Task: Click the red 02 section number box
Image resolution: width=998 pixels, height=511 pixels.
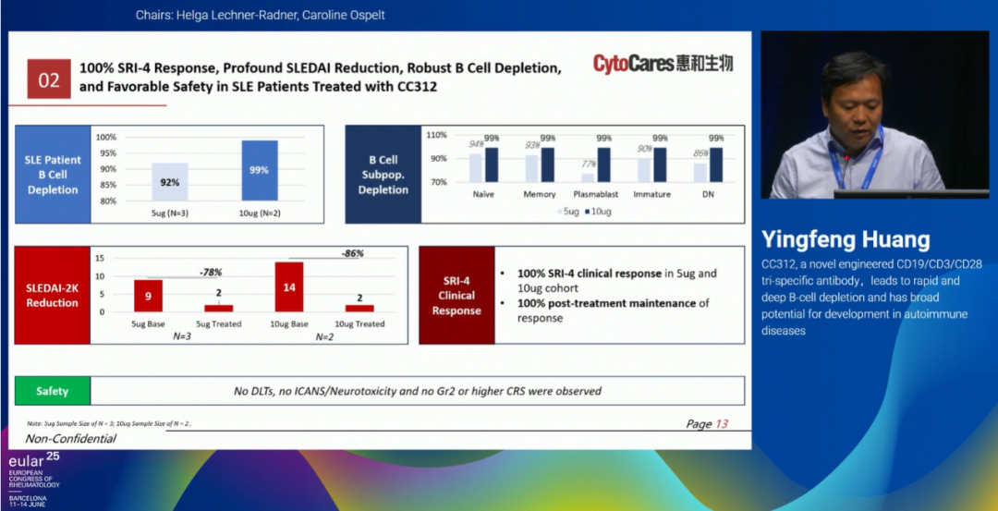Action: [49, 80]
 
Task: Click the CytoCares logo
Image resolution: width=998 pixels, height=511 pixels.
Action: [663, 64]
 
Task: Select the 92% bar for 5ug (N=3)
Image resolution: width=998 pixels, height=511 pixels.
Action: [169, 182]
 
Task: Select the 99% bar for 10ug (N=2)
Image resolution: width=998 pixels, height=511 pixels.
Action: [260, 171]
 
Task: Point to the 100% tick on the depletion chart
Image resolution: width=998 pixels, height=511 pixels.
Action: [107, 137]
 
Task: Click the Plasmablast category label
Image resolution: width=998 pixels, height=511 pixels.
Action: [595, 195]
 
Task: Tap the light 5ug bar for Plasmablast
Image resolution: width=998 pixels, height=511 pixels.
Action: [588, 177]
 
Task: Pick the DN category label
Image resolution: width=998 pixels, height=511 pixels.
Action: [707, 195]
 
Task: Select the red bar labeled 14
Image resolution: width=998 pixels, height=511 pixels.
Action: [289, 287]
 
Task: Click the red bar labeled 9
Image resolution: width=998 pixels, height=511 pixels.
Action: [148, 296]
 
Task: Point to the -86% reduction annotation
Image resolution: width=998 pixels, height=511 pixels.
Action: [352, 251]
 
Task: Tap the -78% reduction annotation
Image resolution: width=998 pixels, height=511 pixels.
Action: [211, 273]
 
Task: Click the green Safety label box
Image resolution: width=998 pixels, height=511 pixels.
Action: [53, 391]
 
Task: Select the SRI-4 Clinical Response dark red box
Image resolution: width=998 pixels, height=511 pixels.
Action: [456, 296]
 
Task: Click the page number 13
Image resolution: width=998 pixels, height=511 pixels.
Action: [722, 424]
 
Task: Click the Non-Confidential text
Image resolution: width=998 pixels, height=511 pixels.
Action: [71, 439]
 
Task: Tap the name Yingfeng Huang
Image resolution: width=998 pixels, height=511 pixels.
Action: [846, 240]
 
